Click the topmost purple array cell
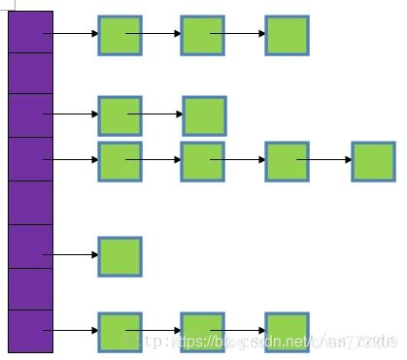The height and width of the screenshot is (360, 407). point(30,31)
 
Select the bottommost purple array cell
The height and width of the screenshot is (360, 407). point(30,331)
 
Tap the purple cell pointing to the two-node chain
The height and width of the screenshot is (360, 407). point(30,115)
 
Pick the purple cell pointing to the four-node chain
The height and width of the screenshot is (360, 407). point(30,159)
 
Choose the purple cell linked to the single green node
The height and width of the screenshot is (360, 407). point(30,246)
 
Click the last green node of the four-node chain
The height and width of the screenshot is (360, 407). point(373,161)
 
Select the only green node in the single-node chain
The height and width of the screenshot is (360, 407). point(119,256)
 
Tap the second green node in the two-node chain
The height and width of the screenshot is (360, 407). point(204,115)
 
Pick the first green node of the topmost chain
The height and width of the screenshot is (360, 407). point(119,35)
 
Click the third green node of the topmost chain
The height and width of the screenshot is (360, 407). point(288,35)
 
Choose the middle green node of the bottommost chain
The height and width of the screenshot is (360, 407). point(203,332)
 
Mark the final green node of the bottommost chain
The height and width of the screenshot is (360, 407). point(288,332)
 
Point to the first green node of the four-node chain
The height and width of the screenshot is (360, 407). point(119,161)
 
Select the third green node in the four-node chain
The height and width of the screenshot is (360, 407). point(288,161)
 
